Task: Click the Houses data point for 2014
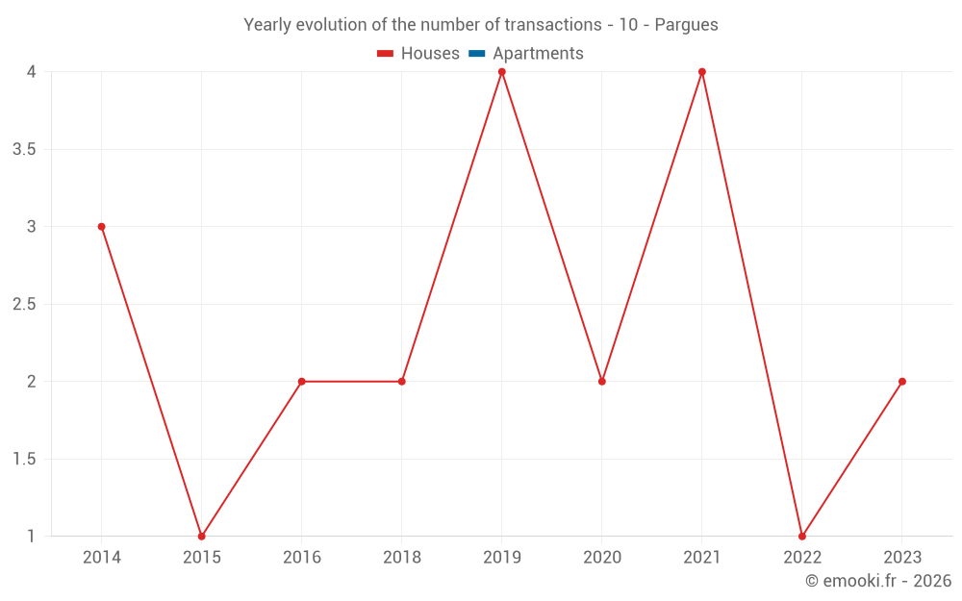101,227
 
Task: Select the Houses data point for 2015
201,536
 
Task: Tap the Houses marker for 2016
301,382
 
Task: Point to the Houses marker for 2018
402,382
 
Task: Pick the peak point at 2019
502,72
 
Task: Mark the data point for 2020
602,382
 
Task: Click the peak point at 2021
702,72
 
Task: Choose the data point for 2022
802,536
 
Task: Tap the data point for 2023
902,382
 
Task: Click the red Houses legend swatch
386,54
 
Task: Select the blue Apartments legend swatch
477,54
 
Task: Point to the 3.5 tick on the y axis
25,149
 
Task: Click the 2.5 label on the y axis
25,304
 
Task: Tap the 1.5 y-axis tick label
25,459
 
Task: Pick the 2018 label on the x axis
402,557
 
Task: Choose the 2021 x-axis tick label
702,557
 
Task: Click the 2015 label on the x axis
201,557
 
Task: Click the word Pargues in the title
686,25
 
